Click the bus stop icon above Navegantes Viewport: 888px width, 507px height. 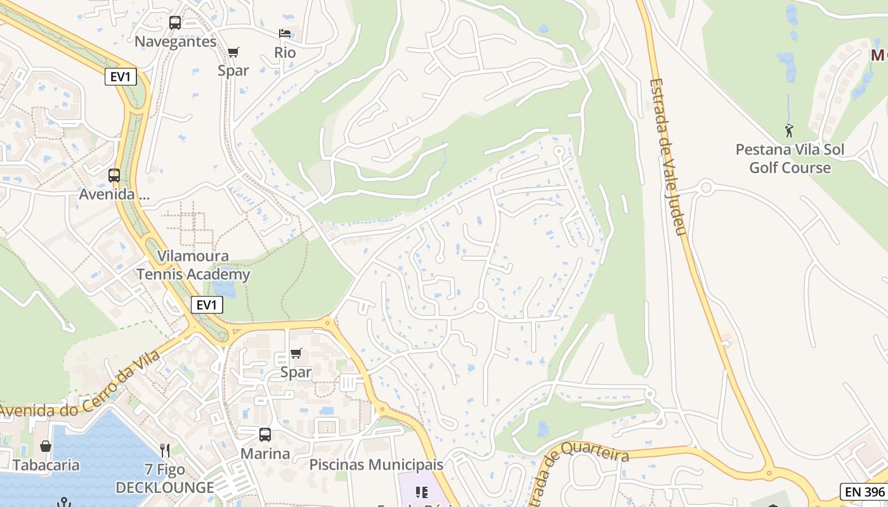[x=175, y=23]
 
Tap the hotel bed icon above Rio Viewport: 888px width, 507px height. [x=285, y=34]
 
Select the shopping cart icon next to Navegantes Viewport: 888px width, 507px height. [x=233, y=52]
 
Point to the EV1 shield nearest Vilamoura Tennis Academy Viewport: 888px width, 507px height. [x=207, y=305]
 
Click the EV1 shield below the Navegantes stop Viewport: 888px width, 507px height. [x=121, y=77]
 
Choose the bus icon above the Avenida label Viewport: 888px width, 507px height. [x=114, y=176]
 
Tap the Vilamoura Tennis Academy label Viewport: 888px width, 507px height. [x=193, y=266]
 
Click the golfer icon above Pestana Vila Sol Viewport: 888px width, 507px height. [x=789, y=131]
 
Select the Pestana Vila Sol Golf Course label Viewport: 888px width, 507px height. [x=790, y=158]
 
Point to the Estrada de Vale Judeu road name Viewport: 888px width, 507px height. [x=669, y=157]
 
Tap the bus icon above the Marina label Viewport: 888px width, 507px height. [x=265, y=435]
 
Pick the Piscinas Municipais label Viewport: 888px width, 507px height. [x=376, y=465]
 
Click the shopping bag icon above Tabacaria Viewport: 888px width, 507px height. [x=46, y=446]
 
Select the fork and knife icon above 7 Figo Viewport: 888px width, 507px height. [x=165, y=451]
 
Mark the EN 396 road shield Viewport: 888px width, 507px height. [x=863, y=491]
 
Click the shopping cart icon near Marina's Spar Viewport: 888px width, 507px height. [x=296, y=354]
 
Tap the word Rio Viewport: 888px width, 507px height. [x=285, y=53]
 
